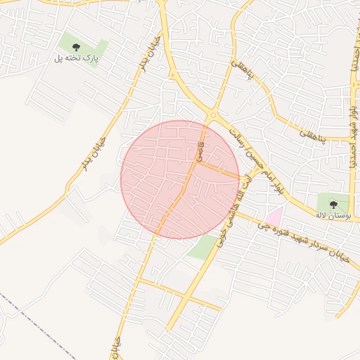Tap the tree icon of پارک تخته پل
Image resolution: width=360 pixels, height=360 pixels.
click(77, 47)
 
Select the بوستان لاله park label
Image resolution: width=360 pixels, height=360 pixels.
click(333, 214)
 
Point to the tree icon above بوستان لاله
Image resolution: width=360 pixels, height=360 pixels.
click(333, 204)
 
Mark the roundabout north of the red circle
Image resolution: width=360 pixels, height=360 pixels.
click(212, 116)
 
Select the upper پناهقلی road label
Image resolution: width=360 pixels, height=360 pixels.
click(240, 75)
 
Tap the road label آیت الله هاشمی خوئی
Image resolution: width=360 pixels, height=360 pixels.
click(238, 207)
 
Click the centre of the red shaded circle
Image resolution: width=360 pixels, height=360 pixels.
click(180, 179)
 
